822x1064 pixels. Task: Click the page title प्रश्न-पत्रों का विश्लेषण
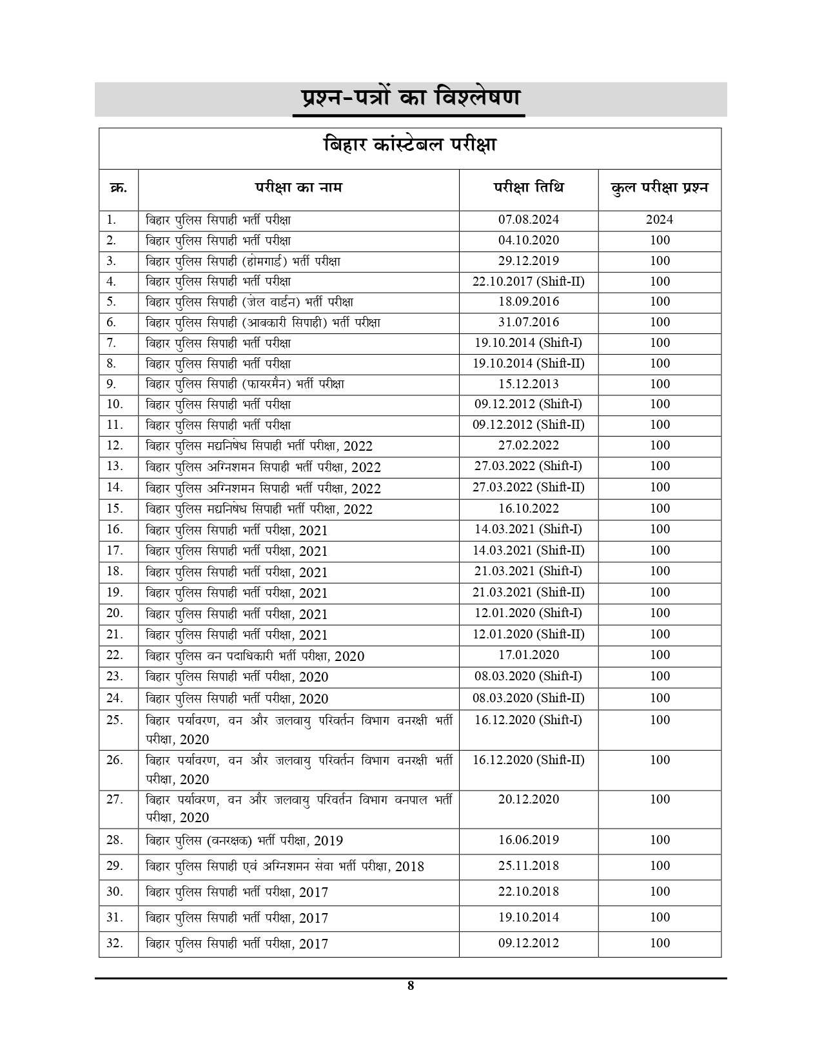coord(410,98)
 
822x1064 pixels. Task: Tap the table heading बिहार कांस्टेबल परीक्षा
coord(410,144)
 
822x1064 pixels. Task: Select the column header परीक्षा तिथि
coord(529,188)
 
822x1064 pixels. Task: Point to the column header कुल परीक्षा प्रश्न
coord(660,188)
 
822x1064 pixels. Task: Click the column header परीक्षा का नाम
coord(298,188)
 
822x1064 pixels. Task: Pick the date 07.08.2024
coord(529,220)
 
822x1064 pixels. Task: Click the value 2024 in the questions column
coord(660,220)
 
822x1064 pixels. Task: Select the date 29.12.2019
coord(529,261)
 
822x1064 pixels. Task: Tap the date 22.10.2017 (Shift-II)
coord(529,282)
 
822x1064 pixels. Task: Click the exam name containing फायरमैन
coord(244,384)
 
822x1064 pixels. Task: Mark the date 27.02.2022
coord(529,446)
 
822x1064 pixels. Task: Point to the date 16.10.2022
coord(529,509)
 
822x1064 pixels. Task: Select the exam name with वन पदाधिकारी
coord(255,656)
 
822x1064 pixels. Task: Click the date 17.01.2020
coord(529,655)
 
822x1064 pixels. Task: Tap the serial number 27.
coord(115,800)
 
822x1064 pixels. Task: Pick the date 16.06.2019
coord(529,840)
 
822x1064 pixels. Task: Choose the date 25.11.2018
coord(529,866)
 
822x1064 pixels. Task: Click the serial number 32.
coord(115,943)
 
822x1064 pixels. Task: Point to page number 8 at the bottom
coord(411,986)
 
